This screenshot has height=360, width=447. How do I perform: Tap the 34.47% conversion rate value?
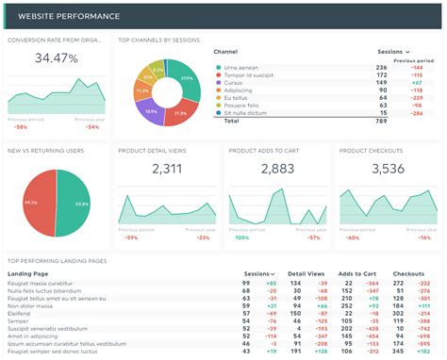(56, 58)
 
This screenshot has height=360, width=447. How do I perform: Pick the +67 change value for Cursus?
(415, 82)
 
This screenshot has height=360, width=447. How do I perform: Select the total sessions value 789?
(381, 121)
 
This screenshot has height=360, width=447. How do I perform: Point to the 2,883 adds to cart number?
(276, 170)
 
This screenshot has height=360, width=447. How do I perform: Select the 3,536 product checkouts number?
(387, 170)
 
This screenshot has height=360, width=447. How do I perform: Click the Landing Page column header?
(27, 273)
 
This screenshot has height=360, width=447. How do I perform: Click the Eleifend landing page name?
(20, 313)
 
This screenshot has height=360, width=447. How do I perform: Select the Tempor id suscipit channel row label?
(248, 74)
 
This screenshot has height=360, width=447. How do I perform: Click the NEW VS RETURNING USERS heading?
(45, 150)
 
